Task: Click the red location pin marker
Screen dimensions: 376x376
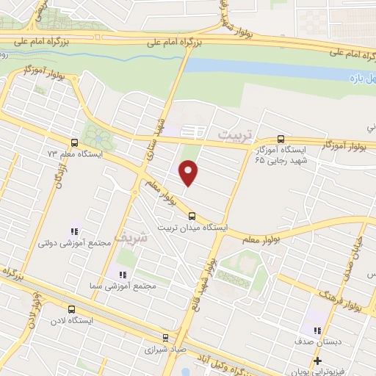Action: point(189,173)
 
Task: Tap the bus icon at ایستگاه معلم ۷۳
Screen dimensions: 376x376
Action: point(73,142)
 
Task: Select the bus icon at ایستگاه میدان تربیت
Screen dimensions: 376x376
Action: point(192,216)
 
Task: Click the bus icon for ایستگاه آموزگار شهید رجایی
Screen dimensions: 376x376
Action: point(281,139)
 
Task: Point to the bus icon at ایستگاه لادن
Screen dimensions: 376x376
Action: point(71,309)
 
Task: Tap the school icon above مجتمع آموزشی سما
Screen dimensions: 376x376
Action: point(113,274)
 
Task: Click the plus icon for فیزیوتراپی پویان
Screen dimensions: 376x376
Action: point(317,361)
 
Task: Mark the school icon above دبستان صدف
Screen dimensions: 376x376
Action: point(317,331)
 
